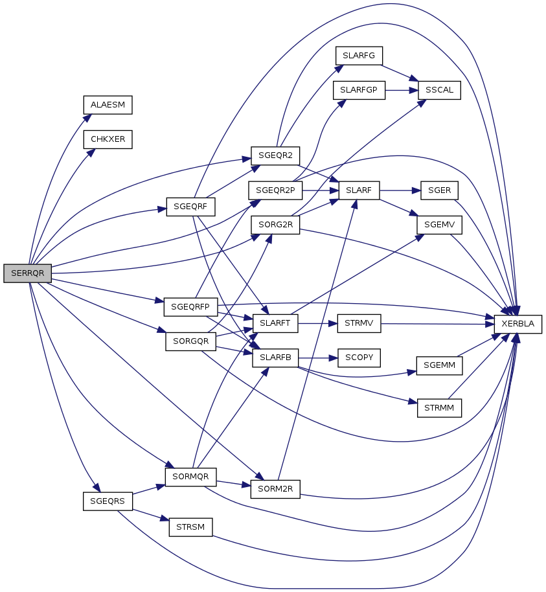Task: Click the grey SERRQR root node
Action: click(x=28, y=273)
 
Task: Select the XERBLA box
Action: click(x=518, y=324)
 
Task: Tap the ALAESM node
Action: click(x=108, y=105)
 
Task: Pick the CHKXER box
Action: click(x=108, y=139)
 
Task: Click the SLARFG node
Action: click(x=359, y=56)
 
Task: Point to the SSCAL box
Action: click(x=439, y=90)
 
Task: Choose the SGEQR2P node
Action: click(x=275, y=190)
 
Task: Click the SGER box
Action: click(x=439, y=190)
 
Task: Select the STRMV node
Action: click(x=359, y=324)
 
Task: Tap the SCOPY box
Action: click(x=359, y=358)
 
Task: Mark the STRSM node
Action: click(x=190, y=527)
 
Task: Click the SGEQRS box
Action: click(x=108, y=501)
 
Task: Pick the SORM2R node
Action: click(x=275, y=489)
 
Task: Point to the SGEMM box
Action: click(x=439, y=365)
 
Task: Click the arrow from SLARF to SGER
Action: click(x=400, y=190)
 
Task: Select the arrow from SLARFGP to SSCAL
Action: click(x=402, y=90)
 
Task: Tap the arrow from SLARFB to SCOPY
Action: click(x=318, y=358)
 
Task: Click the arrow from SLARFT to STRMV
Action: click(x=317, y=324)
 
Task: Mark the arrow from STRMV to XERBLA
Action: click(x=437, y=324)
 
